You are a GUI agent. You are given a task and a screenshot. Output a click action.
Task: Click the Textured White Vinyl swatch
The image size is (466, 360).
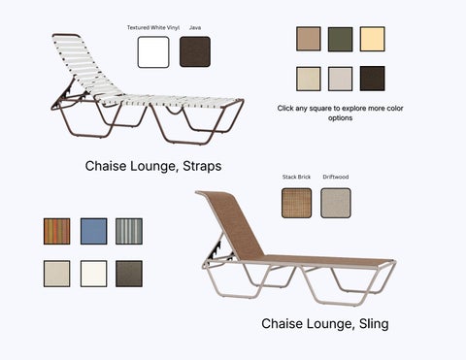(x=153, y=51)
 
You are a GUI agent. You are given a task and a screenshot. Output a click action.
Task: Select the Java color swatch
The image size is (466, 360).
(x=195, y=51)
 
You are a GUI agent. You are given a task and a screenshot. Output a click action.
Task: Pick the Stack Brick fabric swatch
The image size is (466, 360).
(x=296, y=203)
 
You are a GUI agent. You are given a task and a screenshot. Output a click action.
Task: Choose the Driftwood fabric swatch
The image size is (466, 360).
(x=335, y=203)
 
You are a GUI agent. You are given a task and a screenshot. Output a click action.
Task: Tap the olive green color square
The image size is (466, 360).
(x=340, y=39)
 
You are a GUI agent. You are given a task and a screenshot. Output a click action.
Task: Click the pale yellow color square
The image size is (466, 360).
(x=372, y=39)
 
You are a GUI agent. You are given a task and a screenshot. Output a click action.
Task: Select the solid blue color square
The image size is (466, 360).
(x=93, y=231)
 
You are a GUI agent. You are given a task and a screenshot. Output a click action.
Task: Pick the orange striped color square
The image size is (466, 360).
(x=56, y=231)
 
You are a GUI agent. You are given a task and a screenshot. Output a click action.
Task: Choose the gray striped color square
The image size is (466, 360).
(x=129, y=231)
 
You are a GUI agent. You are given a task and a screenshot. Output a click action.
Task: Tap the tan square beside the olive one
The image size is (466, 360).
(x=308, y=39)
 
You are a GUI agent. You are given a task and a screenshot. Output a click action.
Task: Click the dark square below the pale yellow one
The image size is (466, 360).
(x=372, y=79)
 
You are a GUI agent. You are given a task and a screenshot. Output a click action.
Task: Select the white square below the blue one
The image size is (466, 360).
(x=93, y=273)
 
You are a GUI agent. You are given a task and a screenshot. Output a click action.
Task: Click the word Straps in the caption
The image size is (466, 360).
(x=200, y=166)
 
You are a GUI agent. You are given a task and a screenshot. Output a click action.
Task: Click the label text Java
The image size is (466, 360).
(x=195, y=28)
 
